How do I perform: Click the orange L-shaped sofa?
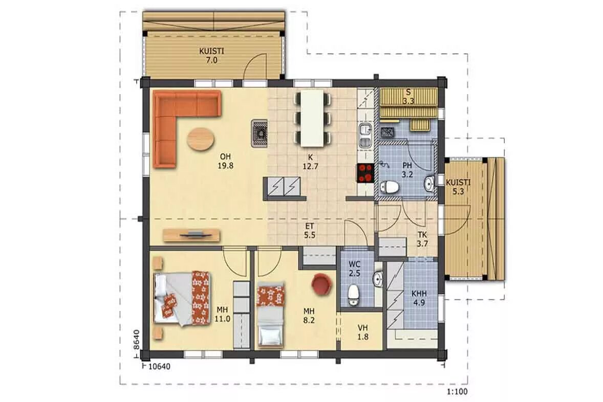[x=165, y=115]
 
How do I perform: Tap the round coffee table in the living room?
[x=200, y=139]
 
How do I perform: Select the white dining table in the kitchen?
[x=312, y=118]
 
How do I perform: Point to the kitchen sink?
[x=365, y=136]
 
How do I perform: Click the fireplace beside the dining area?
[x=260, y=133]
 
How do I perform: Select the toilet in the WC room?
[x=353, y=295]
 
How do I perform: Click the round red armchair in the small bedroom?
[x=322, y=284]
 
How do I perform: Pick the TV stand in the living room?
[x=191, y=235]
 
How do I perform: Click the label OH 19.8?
[x=225, y=162]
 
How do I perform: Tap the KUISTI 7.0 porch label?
[x=211, y=55]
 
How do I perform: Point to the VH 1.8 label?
[x=362, y=332]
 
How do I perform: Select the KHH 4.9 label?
[x=419, y=298]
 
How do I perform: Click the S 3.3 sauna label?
[x=408, y=97]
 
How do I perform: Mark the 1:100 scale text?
[x=457, y=392]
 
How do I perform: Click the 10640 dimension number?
[x=159, y=367]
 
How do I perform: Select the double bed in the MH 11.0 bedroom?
[x=182, y=298]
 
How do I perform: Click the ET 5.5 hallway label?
[x=310, y=231]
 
